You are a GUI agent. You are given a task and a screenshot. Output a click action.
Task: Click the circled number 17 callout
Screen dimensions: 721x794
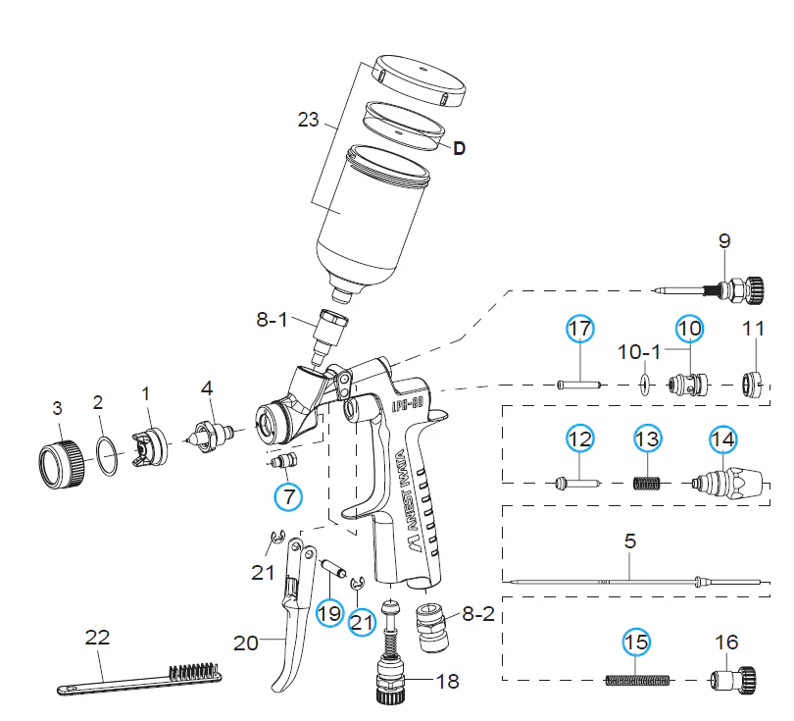[x=579, y=329]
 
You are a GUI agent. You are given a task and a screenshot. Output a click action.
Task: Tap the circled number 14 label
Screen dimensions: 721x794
[x=722, y=438]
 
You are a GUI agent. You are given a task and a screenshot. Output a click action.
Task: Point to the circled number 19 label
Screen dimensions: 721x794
[x=328, y=613]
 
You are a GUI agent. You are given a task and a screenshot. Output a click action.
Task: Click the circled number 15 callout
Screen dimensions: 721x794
[x=636, y=643]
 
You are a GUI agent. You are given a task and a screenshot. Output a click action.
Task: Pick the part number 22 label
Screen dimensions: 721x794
[x=97, y=637]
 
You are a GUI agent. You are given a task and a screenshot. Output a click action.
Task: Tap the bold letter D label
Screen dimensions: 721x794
[x=458, y=149]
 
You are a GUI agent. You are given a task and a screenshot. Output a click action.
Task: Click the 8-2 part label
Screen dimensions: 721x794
[x=478, y=615]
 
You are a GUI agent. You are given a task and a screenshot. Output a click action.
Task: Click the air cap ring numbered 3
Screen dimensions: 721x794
[x=58, y=457]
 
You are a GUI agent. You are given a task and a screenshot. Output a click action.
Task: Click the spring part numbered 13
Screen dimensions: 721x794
[x=648, y=482]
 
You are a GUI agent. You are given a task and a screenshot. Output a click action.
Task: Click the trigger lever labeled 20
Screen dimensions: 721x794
[x=291, y=628]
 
